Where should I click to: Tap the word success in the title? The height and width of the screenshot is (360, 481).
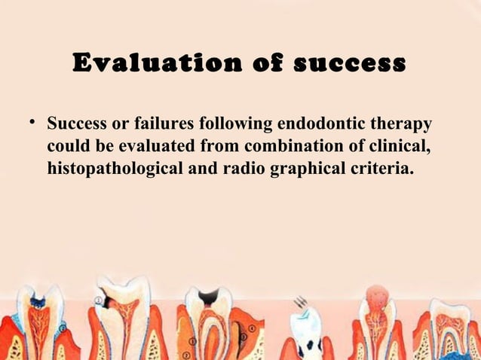(348, 63)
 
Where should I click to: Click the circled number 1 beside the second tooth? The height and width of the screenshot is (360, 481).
(99, 300)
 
